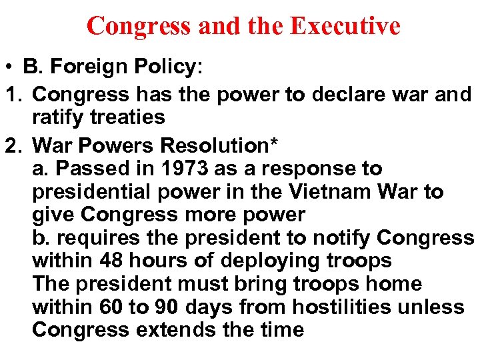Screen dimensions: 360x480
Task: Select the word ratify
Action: pyautogui.click(x=59, y=117)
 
